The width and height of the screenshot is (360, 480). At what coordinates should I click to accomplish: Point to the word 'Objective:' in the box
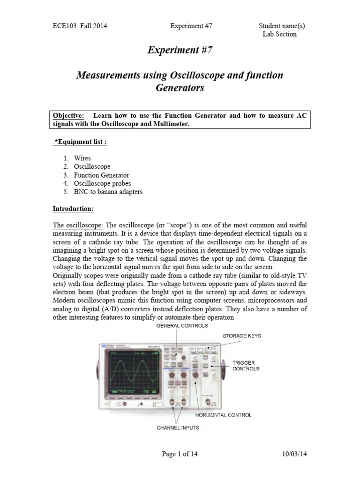67,116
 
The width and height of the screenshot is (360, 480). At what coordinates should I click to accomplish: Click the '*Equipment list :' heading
78,142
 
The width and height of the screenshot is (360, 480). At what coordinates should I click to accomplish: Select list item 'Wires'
82,158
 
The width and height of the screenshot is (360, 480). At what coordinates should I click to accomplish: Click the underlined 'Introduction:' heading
73,208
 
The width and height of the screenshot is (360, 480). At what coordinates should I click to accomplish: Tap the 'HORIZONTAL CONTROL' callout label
224,415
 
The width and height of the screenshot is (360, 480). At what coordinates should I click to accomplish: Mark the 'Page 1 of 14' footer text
180,454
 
